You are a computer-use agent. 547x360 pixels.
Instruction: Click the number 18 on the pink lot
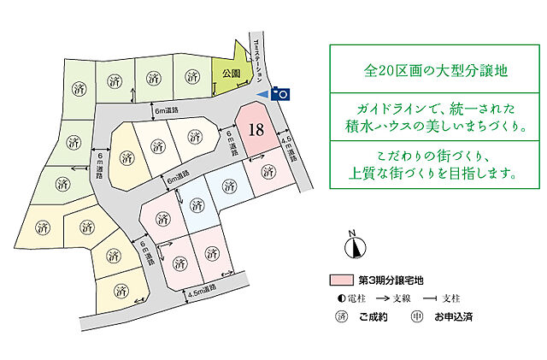pos(255,130)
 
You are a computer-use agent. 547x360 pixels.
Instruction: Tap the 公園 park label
pos(229,74)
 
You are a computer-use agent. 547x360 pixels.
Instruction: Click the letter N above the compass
pos(350,233)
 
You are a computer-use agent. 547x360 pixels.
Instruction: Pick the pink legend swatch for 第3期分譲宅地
pos(340,280)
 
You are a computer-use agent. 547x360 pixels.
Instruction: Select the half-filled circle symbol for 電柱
pos(339,298)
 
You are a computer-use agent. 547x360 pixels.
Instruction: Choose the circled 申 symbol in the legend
pos(418,317)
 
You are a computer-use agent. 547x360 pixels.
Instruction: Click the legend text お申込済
pos(454,317)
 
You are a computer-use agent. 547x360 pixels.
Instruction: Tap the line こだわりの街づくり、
pos(425,153)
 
